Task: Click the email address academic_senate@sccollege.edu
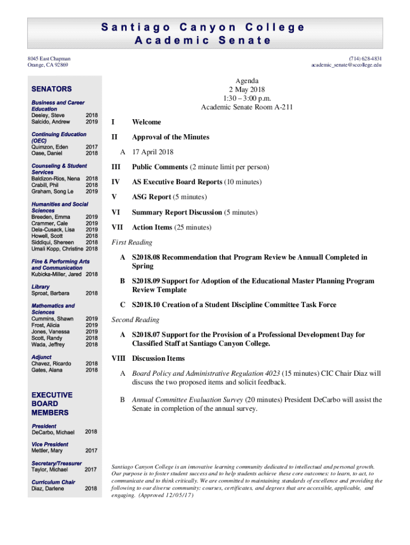coord(347,65)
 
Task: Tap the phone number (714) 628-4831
coord(365,59)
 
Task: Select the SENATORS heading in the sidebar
coord(52,89)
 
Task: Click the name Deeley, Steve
coord(48,115)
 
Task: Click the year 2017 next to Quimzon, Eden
coord(91,147)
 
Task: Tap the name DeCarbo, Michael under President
coord(53,432)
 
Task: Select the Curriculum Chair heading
coord(53,482)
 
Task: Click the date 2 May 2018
coord(247,89)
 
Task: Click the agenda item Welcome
coord(146,122)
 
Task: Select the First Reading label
coord(132,242)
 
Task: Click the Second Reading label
coord(135,320)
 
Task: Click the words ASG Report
coord(152,197)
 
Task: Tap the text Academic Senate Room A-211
coord(247,107)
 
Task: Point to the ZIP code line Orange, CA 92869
coord(48,65)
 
